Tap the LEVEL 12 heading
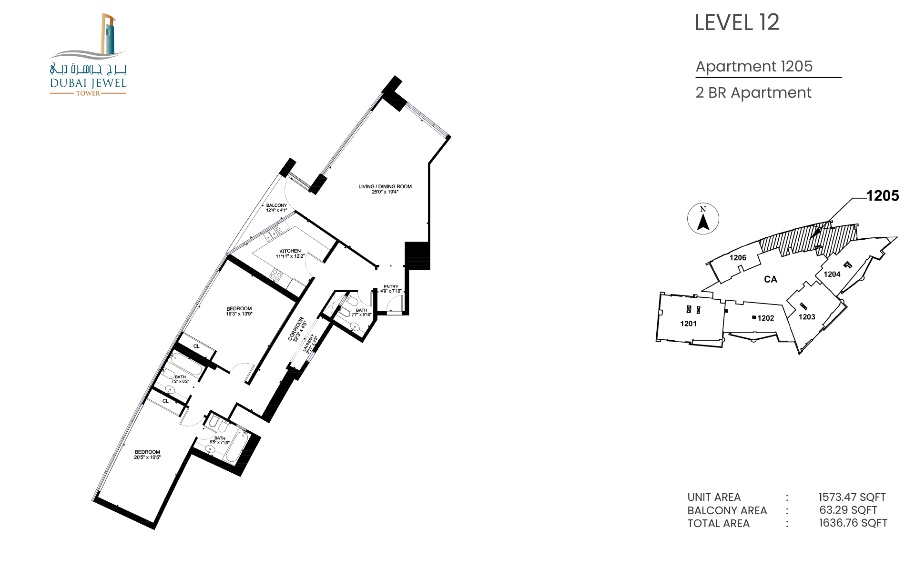[737, 22]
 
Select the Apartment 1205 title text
[754, 66]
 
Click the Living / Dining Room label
[385, 189]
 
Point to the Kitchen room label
[290, 254]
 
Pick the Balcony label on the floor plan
[276, 208]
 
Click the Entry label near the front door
[391, 289]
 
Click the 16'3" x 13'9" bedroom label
[239, 311]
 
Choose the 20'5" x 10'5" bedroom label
[147, 455]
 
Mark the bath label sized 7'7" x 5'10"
[361, 312]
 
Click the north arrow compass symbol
[703, 219]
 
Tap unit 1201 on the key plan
[688, 324]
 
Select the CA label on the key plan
[771, 279]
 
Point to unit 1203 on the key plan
[807, 317]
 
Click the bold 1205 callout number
[883, 195]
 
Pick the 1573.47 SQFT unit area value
[852, 497]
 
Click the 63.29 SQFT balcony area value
[848, 510]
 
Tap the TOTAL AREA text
[718, 523]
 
